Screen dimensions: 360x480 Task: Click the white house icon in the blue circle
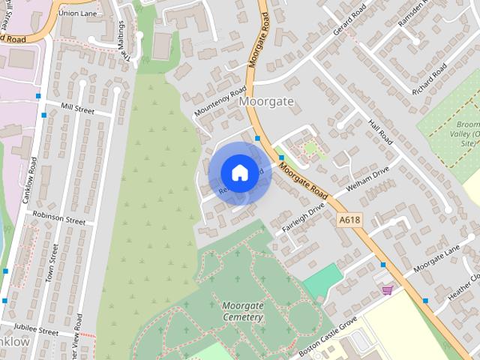point(238,172)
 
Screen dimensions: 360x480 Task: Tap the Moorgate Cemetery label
point(242,311)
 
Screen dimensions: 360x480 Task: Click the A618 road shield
point(349,220)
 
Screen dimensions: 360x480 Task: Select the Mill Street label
point(78,109)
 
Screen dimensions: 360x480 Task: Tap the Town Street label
point(51,263)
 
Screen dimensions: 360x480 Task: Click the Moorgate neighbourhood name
point(266,100)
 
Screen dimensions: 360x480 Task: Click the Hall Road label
point(380,132)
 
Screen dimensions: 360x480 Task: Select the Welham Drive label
point(367,178)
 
